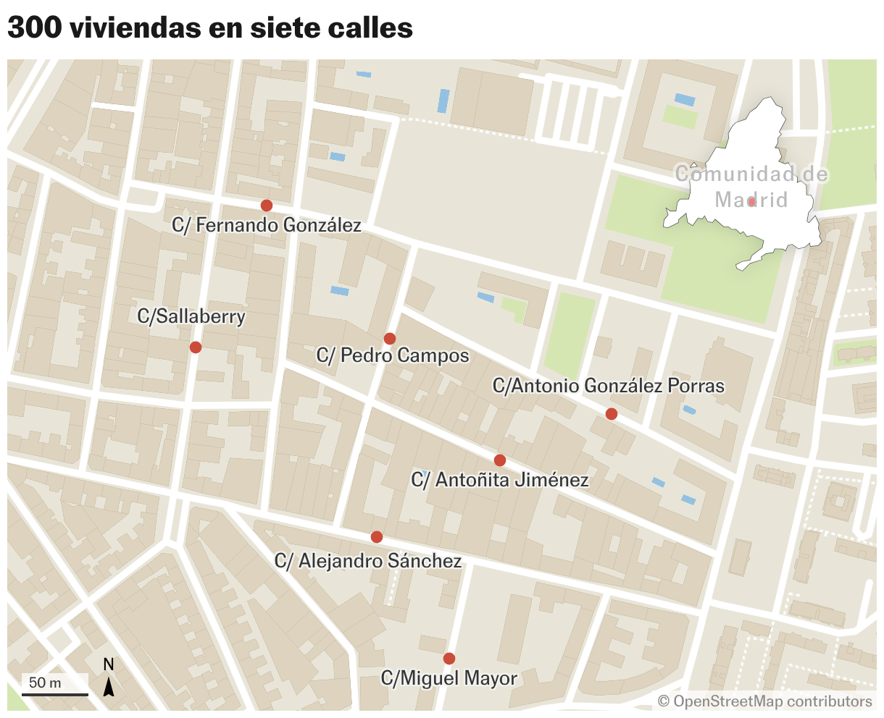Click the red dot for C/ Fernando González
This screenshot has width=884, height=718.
point(267,206)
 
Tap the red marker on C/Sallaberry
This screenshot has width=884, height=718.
point(195,347)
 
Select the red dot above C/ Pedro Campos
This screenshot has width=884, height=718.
point(390,339)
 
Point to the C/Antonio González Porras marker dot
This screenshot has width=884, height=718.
point(612,414)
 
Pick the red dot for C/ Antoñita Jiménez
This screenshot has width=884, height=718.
point(500,460)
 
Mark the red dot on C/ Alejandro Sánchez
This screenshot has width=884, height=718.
point(377,537)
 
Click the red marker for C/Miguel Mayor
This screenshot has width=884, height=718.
point(449,659)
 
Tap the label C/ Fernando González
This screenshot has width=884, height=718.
point(267,226)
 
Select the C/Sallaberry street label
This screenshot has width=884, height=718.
point(191,317)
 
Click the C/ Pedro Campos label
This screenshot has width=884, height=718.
point(393,356)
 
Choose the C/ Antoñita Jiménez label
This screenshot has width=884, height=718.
point(499,480)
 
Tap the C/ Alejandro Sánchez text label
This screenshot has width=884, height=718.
point(368,561)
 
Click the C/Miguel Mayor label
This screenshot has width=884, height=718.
point(449,679)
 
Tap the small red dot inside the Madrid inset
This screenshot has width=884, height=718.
point(752,203)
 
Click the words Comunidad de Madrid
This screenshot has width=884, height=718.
point(751,187)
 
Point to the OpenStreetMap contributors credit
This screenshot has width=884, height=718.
point(765,701)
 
